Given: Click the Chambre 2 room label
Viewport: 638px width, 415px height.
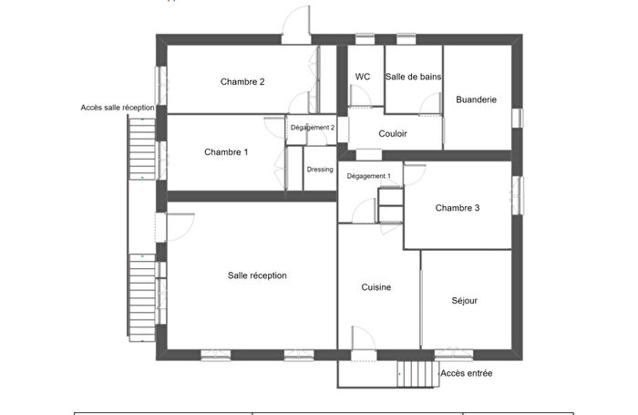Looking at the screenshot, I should pyautogui.click(x=242, y=82).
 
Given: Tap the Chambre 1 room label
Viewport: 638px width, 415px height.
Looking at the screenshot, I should pyautogui.click(x=226, y=152).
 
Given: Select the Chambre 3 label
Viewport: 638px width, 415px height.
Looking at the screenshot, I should pyautogui.click(x=458, y=208).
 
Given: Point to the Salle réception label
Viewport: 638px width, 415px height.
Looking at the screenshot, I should pyautogui.click(x=257, y=275).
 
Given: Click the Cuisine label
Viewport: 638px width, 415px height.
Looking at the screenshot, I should pyautogui.click(x=376, y=287).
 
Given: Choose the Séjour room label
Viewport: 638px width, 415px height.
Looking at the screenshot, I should pyautogui.click(x=464, y=300).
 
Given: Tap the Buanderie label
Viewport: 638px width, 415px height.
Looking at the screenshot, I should pyautogui.click(x=476, y=100).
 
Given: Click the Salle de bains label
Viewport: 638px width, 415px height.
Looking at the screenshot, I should pyautogui.click(x=414, y=78).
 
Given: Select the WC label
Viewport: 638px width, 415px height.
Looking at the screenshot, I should pyautogui.click(x=363, y=78).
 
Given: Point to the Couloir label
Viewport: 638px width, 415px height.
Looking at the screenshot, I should pyautogui.click(x=393, y=134).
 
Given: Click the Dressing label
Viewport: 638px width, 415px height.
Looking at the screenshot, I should pyautogui.click(x=320, y=170).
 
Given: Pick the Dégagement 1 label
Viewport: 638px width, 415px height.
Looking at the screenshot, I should pyautogui.click(x=369, y=176).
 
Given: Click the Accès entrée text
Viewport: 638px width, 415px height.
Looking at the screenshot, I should pyautogui.click(x=466, y=373).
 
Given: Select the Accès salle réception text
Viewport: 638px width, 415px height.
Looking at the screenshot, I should pyautogui.click(x=118, y=109).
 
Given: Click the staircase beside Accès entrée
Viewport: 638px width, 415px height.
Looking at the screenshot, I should pyautogui.click(x=415, y=373).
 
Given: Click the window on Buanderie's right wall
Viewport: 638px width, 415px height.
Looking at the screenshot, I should pyautogui.click(x=518, y=118).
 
